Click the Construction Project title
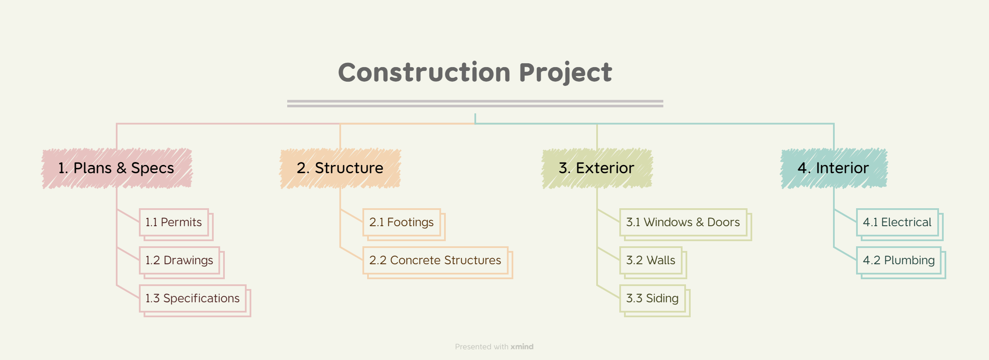click(x=475, y=72)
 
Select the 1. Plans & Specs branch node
click(x=116, y=168)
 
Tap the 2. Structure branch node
click(x=340, y=168)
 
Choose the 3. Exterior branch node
click(x=597, y=168)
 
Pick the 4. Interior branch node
click(x=833, y=168)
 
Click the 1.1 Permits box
click(x=174, y=222)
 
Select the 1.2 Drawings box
click(x=180, y=260)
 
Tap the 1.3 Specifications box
click(x=193, y=298)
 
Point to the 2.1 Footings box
click(x=402, y=222)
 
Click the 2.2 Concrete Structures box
click(x=435, y=260)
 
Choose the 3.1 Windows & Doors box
click(x=683, y=222)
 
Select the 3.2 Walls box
click(x=651, y=260)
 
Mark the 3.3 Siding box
click(x=652, y=298)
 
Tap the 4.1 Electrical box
click(x=897, y=222)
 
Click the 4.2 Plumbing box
click(x=899, y=260)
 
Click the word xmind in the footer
click(x=522, y=347)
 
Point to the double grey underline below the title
click(x=475, y=103)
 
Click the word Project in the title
click(x=565, y=72)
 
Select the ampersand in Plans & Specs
click(x=121, y=168)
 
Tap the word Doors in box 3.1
click(x=724, y=222)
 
